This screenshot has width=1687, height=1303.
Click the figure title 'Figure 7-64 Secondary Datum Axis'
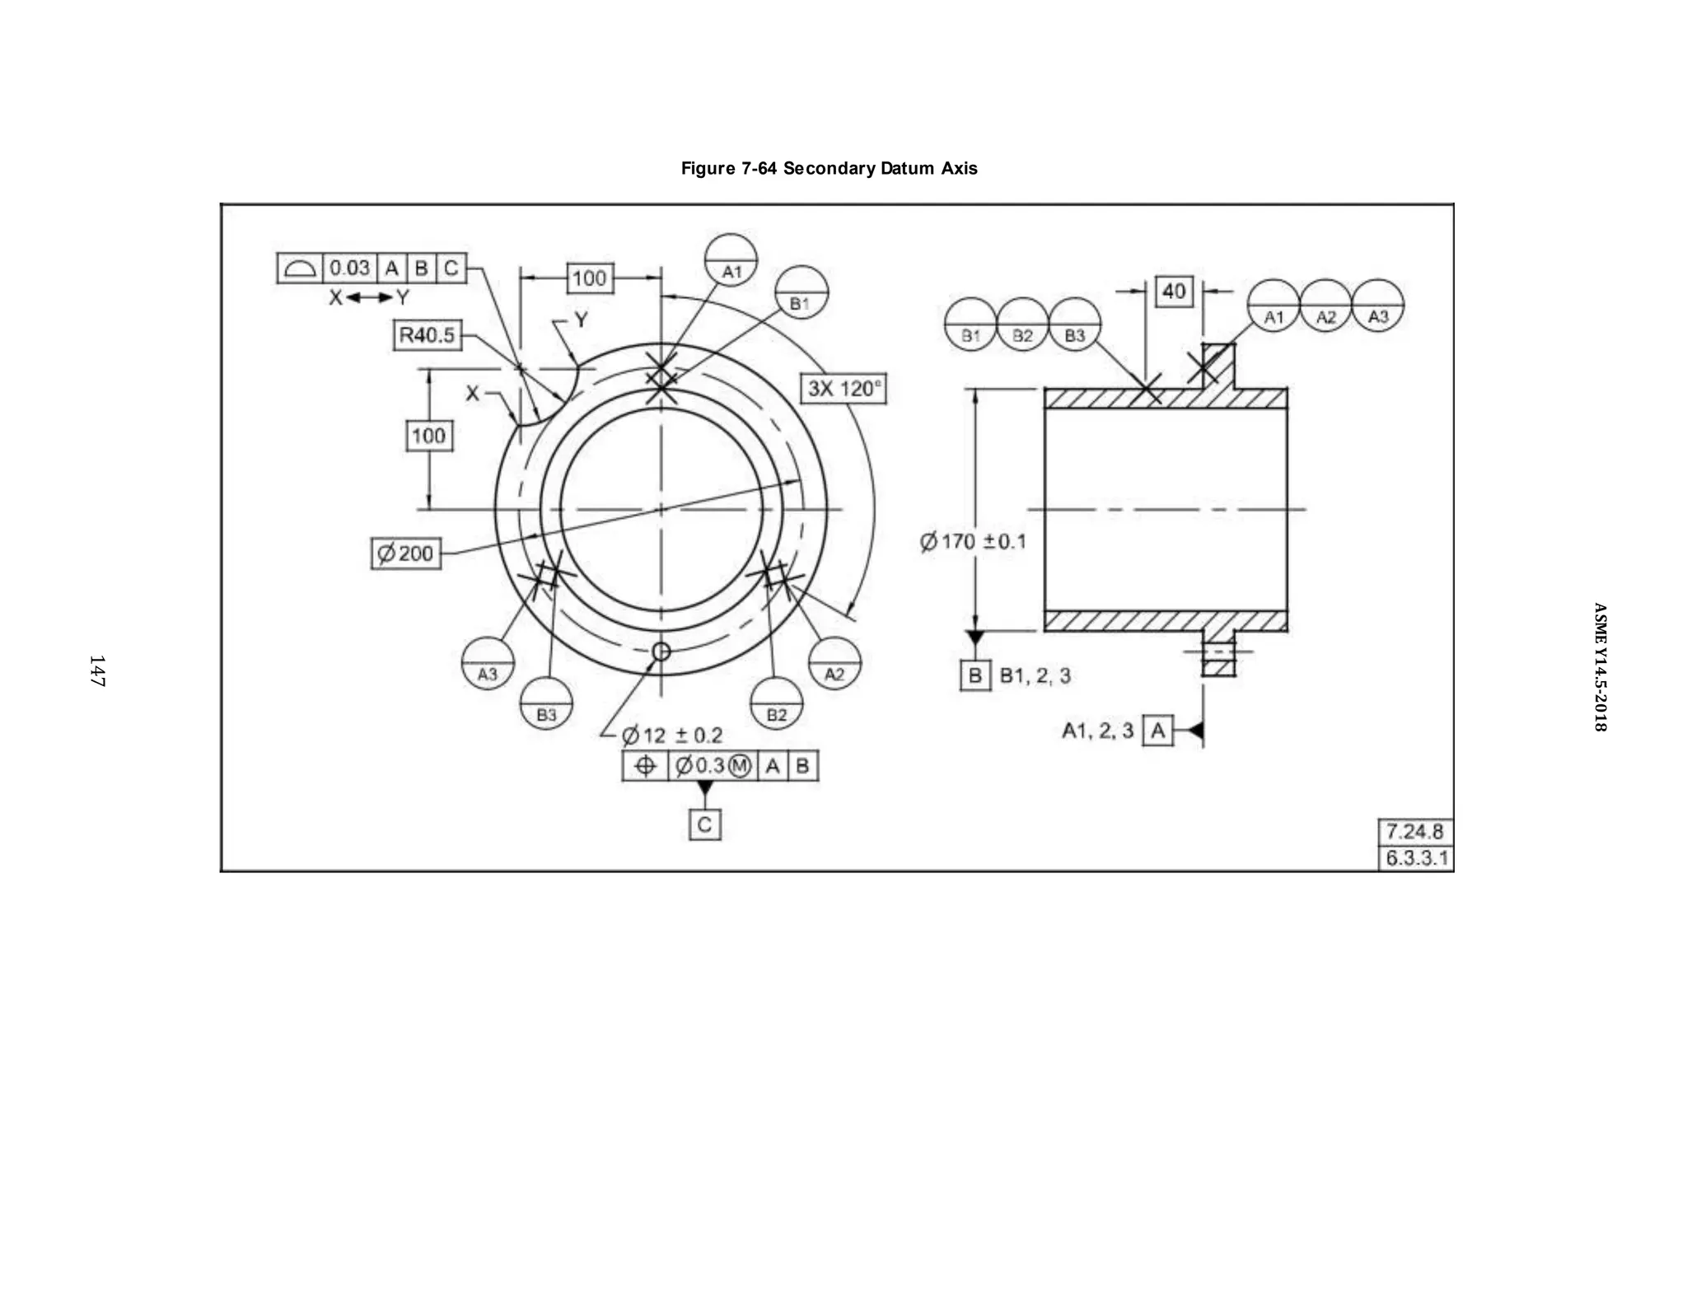click(x=829, y=169)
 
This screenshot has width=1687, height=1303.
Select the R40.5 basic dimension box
click(x=427, y=335)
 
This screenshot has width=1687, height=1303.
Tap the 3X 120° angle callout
click(x=843, y=388)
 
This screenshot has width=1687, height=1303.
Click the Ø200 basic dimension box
click(x=406, y=553)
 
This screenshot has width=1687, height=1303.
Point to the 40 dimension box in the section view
click(x=1174, y=291)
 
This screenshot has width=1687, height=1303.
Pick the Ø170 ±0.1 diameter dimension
click(x=973, y=541)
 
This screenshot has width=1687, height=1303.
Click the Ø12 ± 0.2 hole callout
click(x=672, y=735)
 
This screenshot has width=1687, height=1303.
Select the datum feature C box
click(x=704, y=824)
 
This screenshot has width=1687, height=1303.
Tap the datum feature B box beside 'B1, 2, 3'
click(x=975, y=675)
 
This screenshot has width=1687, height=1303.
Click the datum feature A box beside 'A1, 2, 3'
click(x=1157, y=731)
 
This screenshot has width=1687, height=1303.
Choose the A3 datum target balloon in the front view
click(x=488, y=663)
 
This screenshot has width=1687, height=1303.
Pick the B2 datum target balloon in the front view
click(x=776, y=703)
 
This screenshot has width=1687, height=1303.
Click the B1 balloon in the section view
click(x=970, y=325)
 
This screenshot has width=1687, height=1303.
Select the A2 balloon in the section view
click(x=1325, y=306)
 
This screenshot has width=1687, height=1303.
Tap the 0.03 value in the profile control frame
click(x=349, y=269)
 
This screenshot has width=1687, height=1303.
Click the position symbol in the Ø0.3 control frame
click(x=646, y=766)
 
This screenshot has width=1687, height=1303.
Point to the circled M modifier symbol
click(x=740, y=766)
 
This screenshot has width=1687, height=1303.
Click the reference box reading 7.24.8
click(x=1414, y=831)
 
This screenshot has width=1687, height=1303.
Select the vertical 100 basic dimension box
click(x=428, y=436)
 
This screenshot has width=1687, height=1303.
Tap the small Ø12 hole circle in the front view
click(x=661, y=652)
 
